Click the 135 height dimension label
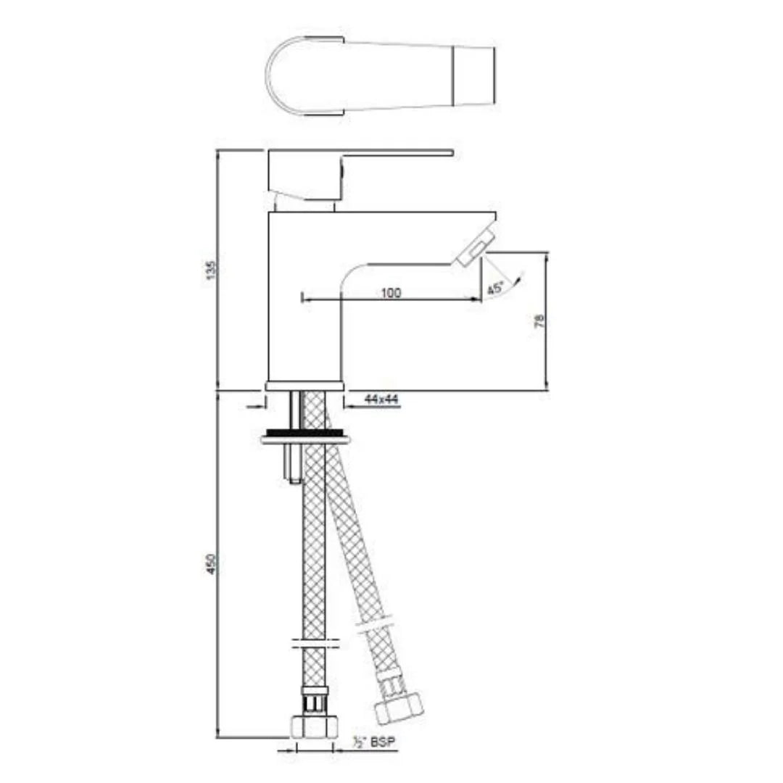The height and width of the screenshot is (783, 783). click(x=212, y=269)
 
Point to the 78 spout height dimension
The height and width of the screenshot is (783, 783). click(x=539, y=321)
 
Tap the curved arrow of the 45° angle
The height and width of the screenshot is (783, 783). click(x=517, y=280)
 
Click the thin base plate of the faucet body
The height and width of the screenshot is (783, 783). click(x=304, y=386)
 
